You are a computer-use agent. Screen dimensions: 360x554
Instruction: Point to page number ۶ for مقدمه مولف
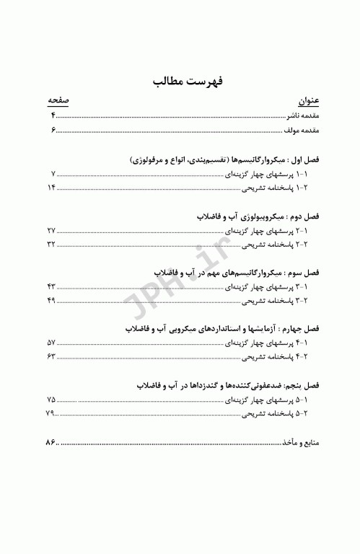click(53, 130)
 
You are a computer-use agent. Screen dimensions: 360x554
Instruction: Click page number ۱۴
click(51, 188)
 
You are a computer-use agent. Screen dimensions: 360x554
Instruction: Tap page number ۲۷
click(51, 230)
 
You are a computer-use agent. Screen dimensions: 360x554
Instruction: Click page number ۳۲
click(51, 244)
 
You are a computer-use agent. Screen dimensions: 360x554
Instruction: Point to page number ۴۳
click(51, 286)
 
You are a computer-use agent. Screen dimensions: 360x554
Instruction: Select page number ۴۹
click(51, 300)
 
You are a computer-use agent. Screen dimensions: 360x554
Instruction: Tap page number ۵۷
click(51, 343)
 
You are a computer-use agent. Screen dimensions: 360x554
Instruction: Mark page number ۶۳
click(51, 356)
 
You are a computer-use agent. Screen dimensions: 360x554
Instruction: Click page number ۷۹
click(50, 413)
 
